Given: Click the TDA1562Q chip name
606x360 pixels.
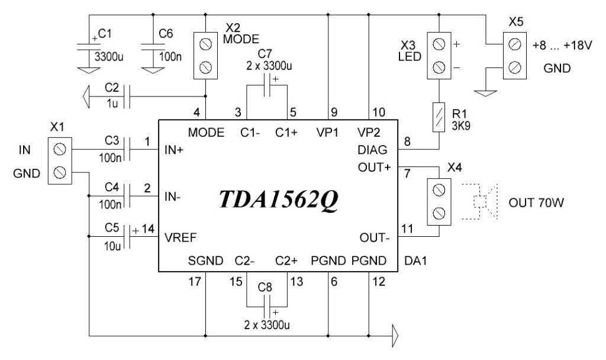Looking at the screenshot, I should pyautogui.click(x=279, y=201).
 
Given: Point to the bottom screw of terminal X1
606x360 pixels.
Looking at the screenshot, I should pyautogui.click(x=59, y=172).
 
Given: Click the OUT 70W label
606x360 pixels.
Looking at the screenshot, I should pyautogui.click(x=536, y=203).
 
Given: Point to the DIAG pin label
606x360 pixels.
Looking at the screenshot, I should pyautogui.click(x=373, y=150).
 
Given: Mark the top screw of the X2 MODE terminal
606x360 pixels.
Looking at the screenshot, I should pyautogui.click(x=205, y=43).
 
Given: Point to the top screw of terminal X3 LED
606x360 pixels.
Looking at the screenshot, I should pyautogui.click(x=439, y=44).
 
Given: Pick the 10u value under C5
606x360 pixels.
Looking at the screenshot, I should pyautogui.click(x=111, y=245).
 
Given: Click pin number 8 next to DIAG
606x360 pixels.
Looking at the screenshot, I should pyautogui.click(x=407, y=142).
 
